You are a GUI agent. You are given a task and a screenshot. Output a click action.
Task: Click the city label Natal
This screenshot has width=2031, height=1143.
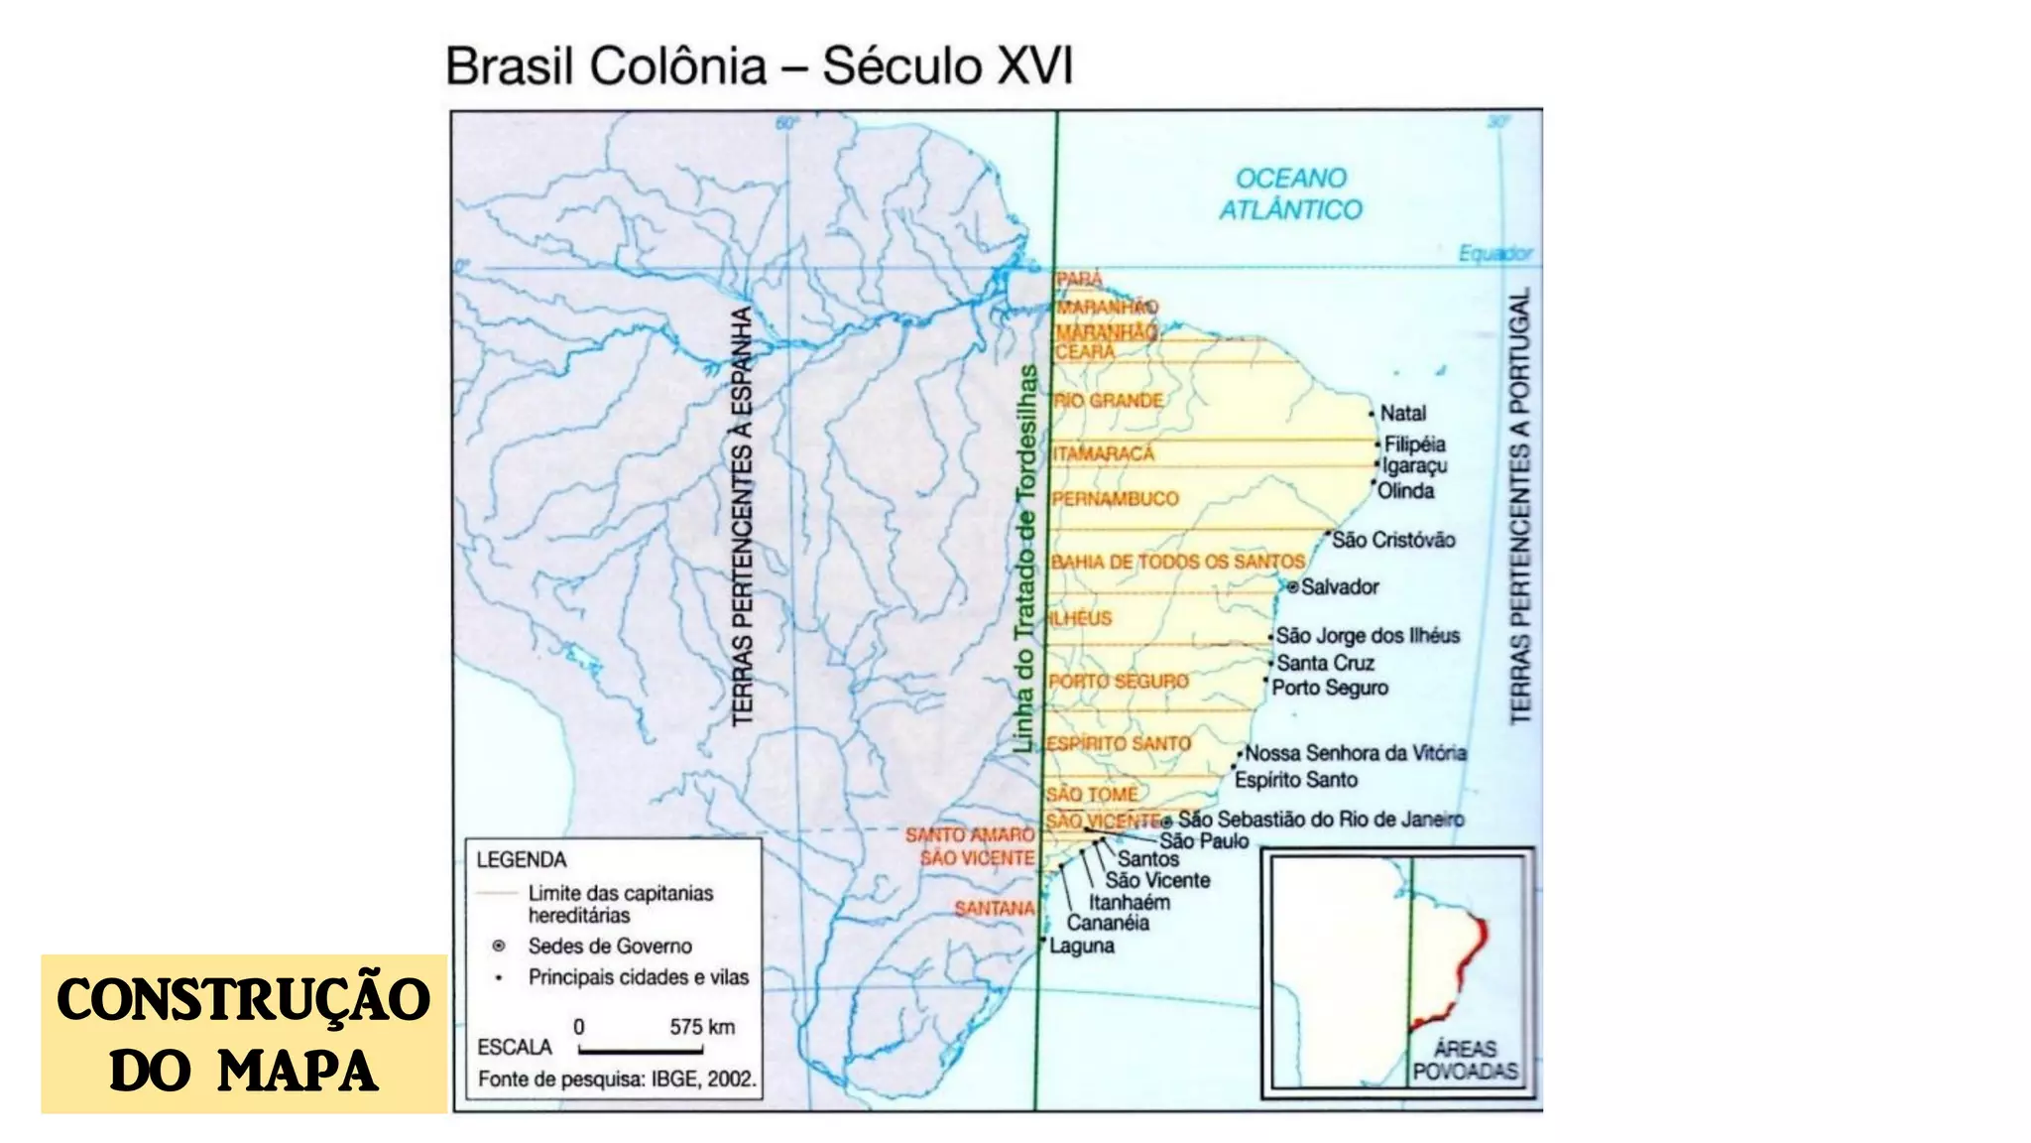pyautogui.click(x=1402, y=413)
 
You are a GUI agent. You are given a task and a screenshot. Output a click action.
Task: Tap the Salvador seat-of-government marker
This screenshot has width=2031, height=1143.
pyautogui.click(x=1292, y=587)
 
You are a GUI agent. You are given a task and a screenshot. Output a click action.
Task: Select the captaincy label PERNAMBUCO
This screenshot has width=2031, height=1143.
pyautogui.click(x=1115, y=498)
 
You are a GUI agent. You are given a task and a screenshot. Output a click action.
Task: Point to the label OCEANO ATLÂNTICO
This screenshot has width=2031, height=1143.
pyautogui.click(x=1290, y=193)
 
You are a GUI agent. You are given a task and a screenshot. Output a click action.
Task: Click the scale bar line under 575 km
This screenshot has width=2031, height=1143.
pyautogui.click(x=641, y=1050)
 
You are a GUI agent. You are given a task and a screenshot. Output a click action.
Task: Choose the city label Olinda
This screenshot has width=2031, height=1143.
pyautogui.click(x=1405, y=491)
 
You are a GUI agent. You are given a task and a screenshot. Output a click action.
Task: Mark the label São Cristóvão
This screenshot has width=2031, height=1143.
pyautogui.click(x=1392, y=540)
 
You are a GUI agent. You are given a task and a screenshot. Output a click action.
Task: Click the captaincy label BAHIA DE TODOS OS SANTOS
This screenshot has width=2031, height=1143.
pyautogui.click(x=1177, y=562)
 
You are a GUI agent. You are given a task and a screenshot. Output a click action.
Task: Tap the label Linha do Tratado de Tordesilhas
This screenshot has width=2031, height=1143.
pyautogui.click(x=1026, y=559)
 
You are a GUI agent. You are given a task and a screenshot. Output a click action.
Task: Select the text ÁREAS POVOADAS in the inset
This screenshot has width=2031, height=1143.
pyautogui.click(x=1465, y=1060)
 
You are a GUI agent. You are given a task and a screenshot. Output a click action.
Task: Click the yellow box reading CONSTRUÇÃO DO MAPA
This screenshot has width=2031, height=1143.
pyautogui.click(x=243, y=1034)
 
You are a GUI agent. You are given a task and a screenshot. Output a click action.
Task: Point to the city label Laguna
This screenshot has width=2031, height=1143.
pyautogui.click(x=1081, y=946)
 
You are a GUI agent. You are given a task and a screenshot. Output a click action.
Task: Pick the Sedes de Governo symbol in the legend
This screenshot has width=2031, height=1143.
pyautogui.click(x=499, y=946)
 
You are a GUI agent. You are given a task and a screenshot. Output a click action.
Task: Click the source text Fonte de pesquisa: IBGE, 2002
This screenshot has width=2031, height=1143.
pyautogui.click(x=617, y=1079)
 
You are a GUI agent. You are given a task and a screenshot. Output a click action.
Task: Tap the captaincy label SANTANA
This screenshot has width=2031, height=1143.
pyautogui.click(x=994, y=908)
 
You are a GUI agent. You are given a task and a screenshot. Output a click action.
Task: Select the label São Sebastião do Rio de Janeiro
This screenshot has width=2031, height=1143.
pyautogui.click(x=1320, y=820)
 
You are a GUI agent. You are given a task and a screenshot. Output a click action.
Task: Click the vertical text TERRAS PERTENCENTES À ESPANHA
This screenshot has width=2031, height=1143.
pyautogui.click(x=742, y=516)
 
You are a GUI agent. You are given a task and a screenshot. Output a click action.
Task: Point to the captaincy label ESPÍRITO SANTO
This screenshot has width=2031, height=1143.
pyautogui.click(x=1118, y=743)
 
